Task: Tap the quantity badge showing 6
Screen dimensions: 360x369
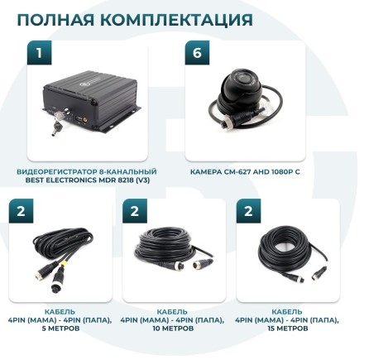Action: coord(198,53)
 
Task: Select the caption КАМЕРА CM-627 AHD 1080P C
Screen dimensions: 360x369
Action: coord(245,172)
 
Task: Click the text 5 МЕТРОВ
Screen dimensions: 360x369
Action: coord(60,329)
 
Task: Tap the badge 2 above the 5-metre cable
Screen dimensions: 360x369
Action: coord(22,212)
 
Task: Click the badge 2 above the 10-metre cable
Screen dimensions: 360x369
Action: coord(135,212)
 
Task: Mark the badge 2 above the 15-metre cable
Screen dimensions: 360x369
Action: coord(248,212)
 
